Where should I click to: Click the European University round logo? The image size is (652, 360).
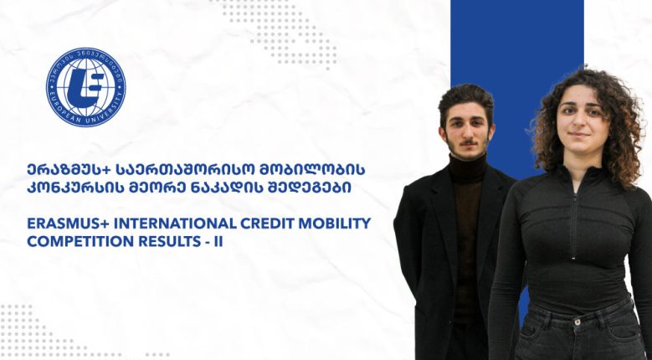(x=85, y=87)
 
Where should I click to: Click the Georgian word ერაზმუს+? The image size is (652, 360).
(x=64, y=170)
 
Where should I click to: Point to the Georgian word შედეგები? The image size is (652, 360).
(x=315, y=188)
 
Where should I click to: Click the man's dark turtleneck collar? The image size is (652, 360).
(x=468, y=167)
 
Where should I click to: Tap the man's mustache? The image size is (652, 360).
(x=469, y=142)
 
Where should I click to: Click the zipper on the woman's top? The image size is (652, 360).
(x=574, y=216)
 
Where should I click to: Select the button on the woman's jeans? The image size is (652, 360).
(x=577, y=321)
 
